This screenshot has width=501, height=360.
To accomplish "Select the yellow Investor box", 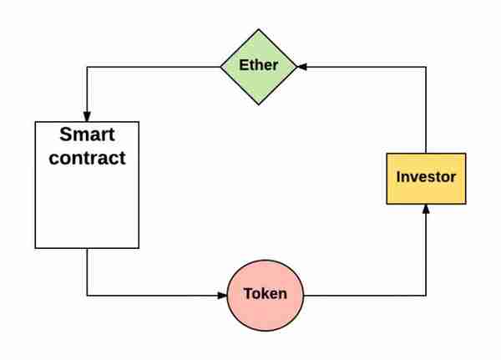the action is coord(426,179).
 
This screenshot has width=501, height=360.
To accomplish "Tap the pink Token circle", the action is coord(266,296).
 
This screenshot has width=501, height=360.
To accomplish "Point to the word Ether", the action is coord(259,65).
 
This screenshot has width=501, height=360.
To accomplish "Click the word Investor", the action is coord(426,177).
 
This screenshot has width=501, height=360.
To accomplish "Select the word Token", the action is coord(266,293).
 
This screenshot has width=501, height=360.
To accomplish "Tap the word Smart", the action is coord(87,134).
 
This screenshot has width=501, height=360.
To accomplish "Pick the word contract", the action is coord(87,158).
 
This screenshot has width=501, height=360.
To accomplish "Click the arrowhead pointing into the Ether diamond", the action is coord(302,67).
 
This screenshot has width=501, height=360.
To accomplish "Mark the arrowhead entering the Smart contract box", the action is coord(87,117).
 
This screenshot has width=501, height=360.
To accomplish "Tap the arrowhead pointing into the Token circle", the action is coord(222,296).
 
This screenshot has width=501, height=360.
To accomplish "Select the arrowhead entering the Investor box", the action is coord(426,210).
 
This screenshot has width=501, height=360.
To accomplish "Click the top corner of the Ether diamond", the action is coord(259,29).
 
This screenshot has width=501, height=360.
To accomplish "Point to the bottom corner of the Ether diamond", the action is coord(259,105).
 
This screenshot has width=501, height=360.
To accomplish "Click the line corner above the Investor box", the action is coord(426,67).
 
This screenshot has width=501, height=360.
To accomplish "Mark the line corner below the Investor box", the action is coord(426,296).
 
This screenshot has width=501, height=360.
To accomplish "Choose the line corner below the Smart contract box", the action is coord(87,296).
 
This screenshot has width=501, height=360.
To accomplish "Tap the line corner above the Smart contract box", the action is coord(87,67).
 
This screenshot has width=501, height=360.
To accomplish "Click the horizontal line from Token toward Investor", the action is coord(365,296).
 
